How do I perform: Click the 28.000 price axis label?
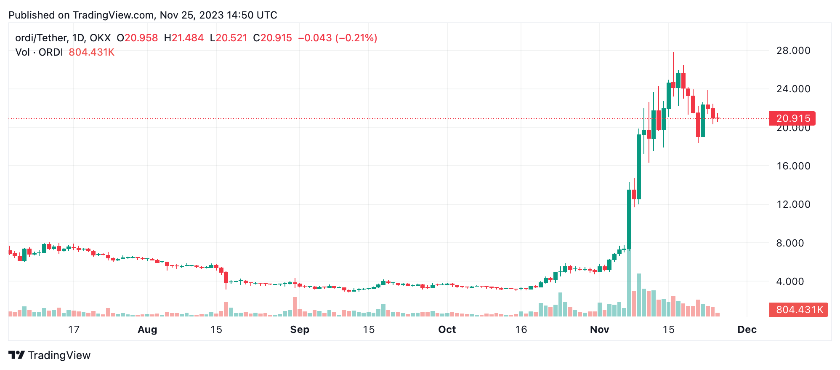pyautogui.click(x=793, y=51)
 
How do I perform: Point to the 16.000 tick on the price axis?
pyautogui.click(x=793, y=166)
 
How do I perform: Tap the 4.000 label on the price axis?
pyautogui.click(x=793, y=282)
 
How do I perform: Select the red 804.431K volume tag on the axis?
pyautogui.click(x=798, y=310)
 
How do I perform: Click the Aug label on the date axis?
pyautogui.click(x=147, y=330)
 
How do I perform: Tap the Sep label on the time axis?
pyautogui.click(x=300, y=330)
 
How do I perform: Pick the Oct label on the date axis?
pyautogui.click(x=447, y=330)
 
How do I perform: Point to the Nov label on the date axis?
pyautogui.click(x=599, y=330)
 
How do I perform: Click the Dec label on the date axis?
pyautogui.click(x=747, y=330)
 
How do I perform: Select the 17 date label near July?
pyautogui.click(x=74, y=330)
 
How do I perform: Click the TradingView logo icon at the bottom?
pyautogui.click(x=17, y=355)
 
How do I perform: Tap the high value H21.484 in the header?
pyautogui.click(x=184, y=38)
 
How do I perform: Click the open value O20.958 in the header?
pyautogui.click(x=137, y=38)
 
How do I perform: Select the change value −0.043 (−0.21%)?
pyautogui.click(x=338, y=38)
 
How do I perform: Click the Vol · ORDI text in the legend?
pyautogui.click(x=39, y=52)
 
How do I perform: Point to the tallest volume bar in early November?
pyautogui.click(x=629, y=282)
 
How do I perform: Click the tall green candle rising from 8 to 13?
pyautogui.click(x=629, y=219)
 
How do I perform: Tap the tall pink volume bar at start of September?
pyautogui.click(x=295, y=307)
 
